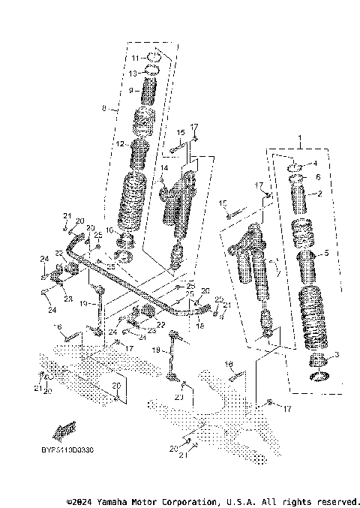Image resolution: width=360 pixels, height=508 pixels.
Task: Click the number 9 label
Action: pos(130,90)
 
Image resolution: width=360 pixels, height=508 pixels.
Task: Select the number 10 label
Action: pos(109,230)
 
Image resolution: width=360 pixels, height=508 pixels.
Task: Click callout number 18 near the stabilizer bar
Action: pos(199,326)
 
